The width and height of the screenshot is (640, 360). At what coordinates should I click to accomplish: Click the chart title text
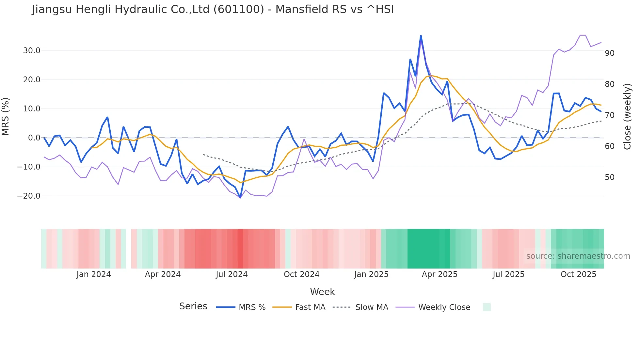[213, 9]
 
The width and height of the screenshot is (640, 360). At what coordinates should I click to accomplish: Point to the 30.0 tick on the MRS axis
[32, 51]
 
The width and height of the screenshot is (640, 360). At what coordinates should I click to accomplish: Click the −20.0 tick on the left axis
[29, 196]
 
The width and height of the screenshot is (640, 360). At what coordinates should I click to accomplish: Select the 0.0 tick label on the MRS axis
[34, 138]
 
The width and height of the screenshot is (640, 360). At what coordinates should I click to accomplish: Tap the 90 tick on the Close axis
[610, 53]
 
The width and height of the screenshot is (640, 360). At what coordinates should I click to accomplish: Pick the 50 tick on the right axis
[610, 177]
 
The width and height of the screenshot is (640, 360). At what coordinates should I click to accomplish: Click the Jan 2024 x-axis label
[94, 274]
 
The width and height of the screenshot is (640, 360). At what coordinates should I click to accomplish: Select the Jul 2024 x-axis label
[232, 274]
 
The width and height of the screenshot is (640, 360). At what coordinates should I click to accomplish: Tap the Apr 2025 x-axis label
[440, 274]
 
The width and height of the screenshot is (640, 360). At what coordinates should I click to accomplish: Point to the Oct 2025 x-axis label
[578, 274]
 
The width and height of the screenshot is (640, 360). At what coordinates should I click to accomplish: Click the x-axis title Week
[322, 292]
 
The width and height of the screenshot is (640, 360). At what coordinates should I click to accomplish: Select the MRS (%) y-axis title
[6, 116]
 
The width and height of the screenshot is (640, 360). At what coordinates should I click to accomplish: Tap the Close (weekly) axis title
[627, 116]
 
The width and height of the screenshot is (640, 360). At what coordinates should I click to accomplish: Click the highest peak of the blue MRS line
[421, 35]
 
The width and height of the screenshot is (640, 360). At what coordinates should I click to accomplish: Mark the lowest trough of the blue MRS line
[240, 198]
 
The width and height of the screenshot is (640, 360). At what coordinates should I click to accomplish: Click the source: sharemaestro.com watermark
[578, 256]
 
